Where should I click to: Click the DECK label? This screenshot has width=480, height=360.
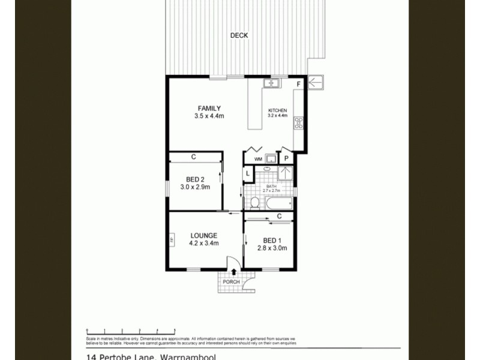pos(239,35)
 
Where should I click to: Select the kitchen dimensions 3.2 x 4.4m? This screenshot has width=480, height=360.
pos(278,116)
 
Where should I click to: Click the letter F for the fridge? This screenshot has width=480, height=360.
pos(298,85)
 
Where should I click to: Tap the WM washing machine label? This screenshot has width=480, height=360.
pos(258,159)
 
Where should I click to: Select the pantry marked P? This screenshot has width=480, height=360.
pos(287,159)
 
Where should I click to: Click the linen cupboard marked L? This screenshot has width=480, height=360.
pos(248,174)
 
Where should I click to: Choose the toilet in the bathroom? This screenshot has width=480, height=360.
pos(254,202)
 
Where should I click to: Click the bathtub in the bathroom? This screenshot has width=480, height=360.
pos(277,203)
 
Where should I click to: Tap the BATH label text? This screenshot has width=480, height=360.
pos(271,187)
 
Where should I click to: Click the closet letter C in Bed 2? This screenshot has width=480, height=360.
pos(193,157)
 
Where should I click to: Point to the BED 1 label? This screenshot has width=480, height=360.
pos(269,240)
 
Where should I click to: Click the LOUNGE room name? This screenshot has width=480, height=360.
pos(203,236)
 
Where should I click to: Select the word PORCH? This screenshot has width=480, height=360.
pos(231,283)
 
